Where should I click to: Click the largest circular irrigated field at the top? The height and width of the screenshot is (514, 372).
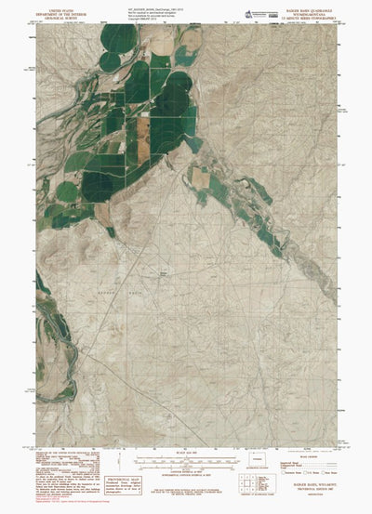pyautogui.click(x=121, y=40)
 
